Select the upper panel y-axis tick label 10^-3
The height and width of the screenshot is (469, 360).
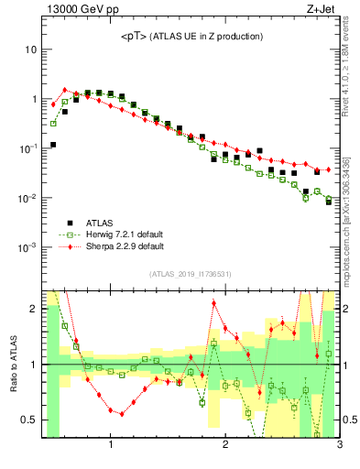27,248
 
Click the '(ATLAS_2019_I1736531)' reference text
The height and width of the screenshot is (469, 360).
191,274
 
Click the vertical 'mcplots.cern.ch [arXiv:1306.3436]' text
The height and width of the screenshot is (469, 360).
353,211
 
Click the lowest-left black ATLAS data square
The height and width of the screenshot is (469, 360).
53,145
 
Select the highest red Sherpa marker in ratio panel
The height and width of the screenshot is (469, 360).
214,303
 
